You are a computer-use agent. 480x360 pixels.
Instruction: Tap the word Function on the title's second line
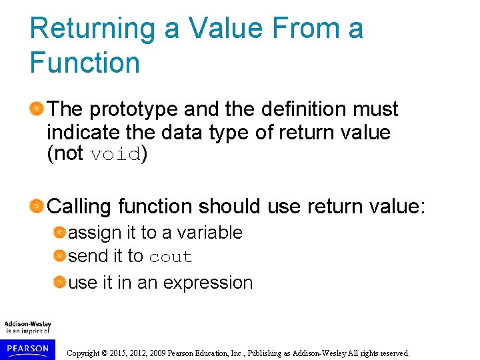click(85, 63)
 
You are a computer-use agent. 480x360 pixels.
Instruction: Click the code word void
click(115, 155)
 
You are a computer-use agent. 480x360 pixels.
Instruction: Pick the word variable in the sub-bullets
click(209, 233)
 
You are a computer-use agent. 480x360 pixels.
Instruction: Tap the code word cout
click(170, 257)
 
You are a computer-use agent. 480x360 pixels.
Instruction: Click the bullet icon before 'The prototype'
click(37, 109)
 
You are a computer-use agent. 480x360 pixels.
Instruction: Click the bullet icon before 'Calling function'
click(37, 205)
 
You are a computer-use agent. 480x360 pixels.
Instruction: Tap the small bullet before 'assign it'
click(60, 233)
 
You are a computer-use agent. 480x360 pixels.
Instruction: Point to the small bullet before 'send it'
click(60, 257)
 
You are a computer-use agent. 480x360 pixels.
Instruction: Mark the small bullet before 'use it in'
click(60, 283)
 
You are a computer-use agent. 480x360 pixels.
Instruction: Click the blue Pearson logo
click(27, 348)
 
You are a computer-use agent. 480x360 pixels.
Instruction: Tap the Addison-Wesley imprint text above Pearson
click(27, 327)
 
